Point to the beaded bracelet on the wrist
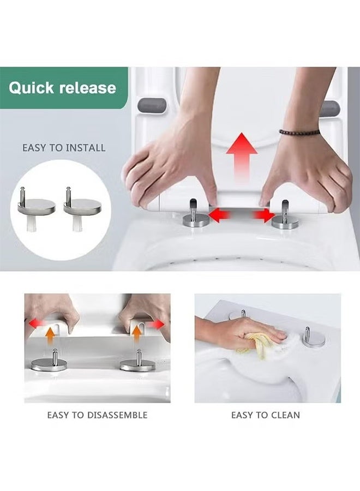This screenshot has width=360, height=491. click(299, 132)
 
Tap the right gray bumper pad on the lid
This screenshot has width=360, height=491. click(330, 108)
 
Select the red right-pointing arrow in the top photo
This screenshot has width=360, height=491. click(264, 215)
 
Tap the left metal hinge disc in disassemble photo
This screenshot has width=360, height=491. click(49, 364)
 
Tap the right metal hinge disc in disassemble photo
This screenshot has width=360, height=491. click(137, 364)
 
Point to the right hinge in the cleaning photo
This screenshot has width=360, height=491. click(314, 339)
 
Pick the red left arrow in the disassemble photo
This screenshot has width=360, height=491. click(36, 324)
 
